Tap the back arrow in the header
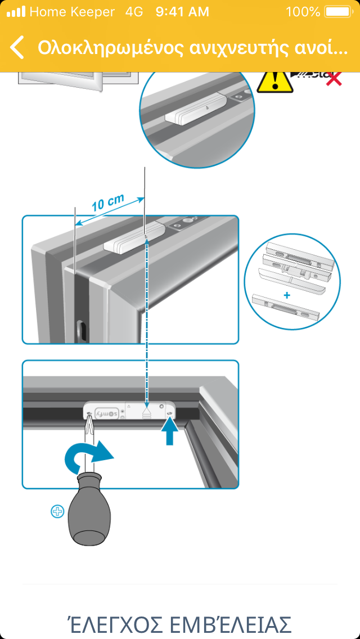click(x=17, y=47)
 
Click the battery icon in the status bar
click(x=337, y=11)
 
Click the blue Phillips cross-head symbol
click(x=57, y=511)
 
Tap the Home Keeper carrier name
click(x=72, y=11)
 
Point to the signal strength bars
click(x=16, y=11)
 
